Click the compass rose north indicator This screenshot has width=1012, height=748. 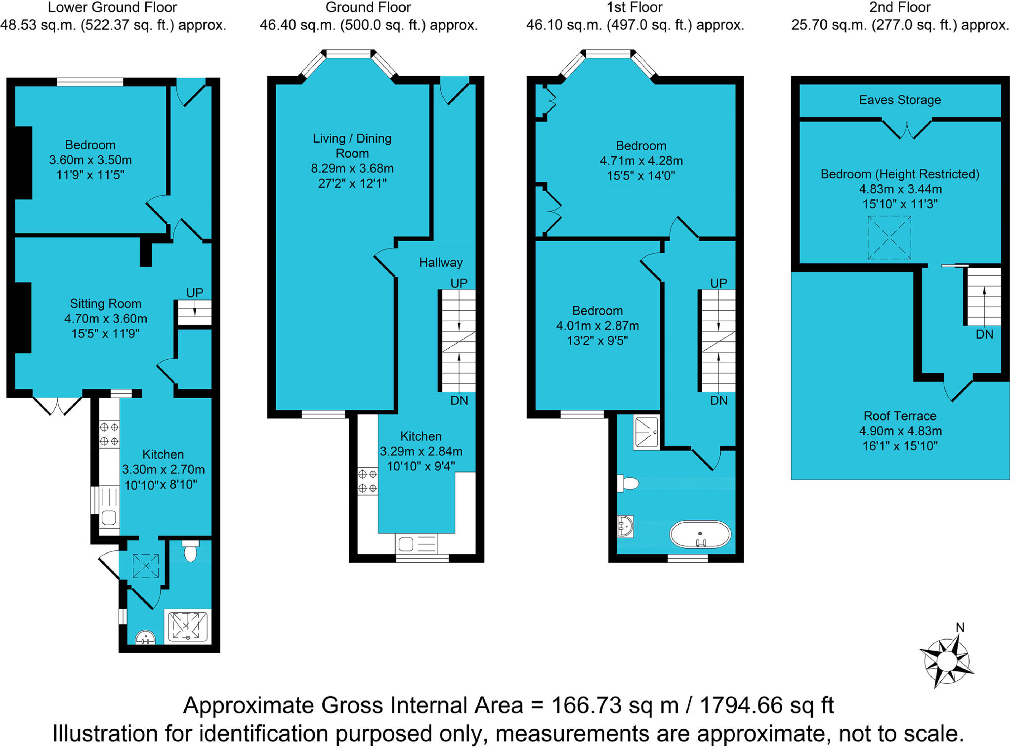coord(960,627)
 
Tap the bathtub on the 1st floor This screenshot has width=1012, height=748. coord(700,535)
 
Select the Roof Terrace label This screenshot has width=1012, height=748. coord(900,416)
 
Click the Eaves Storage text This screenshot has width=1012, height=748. coord(900,100)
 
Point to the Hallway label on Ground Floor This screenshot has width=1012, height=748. coord(441,262)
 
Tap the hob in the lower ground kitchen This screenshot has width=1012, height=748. coord(109,434)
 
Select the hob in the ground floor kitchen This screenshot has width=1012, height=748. coord(367,481)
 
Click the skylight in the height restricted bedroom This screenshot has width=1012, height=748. coord(889,238)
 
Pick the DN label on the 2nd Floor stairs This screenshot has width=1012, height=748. coord(984,334)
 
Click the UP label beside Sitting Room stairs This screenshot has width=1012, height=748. coord(194,292)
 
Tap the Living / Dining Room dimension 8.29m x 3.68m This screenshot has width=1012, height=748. coord(352,168)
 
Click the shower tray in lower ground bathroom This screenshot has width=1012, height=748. coord(187,626)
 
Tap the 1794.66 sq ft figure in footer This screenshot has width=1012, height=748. coord(766,705)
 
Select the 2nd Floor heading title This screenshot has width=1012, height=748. coord(899,7)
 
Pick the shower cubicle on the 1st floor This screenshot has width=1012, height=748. coord(646,432)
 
